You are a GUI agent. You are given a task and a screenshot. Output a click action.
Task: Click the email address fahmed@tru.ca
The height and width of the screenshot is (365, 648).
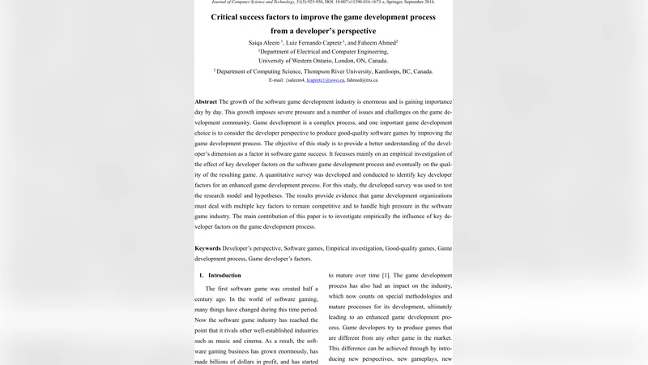point(362,81)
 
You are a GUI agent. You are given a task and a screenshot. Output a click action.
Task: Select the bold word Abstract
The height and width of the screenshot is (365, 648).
point(206,102)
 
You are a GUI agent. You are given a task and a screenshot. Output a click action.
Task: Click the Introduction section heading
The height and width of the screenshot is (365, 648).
point(225,276)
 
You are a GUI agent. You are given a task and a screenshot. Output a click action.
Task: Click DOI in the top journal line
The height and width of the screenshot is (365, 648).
point(334,2)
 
